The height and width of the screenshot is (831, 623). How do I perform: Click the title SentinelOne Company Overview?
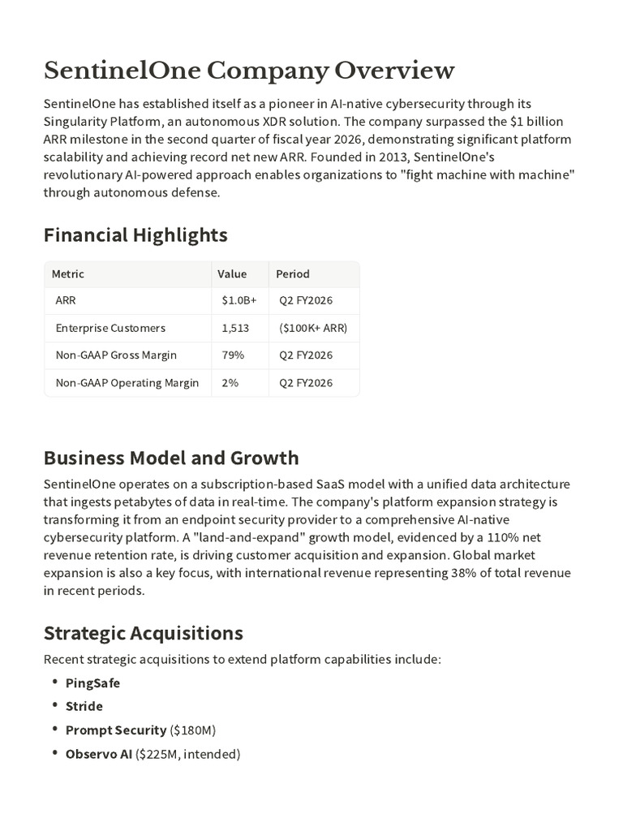[x=249, y=71]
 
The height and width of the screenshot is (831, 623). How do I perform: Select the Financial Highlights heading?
[x=135, y=235]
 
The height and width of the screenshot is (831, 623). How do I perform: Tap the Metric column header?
[x=68, y=274]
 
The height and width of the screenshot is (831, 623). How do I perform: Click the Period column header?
[x=293, y=274]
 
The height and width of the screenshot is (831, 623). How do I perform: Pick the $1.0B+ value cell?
[x=238, y=301]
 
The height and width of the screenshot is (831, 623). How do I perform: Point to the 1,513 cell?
[x=235, y=328]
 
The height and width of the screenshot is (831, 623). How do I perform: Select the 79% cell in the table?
[x=233, y=355]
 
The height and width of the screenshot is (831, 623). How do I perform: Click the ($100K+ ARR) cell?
[x=313, y=328]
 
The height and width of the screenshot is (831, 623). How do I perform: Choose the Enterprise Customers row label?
[x=110, y=328]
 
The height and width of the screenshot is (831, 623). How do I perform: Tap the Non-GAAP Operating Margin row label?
[x=127, y=383]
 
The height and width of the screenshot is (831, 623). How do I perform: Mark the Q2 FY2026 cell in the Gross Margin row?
[x=306, y=355]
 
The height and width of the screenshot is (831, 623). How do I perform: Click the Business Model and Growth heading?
[x=171, y=458]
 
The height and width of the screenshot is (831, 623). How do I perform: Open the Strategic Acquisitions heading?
[x=143, y=633]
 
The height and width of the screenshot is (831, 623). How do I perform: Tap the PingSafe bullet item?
[x=92, y=683]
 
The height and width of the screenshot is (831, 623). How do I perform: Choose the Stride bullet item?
[x=84, y=707]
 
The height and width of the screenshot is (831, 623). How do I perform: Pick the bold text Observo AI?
[x=98, y=754]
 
